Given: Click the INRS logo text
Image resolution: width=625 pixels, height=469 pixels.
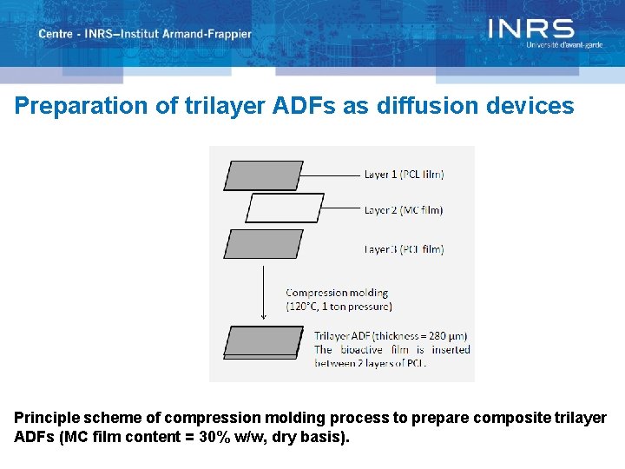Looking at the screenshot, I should (530, 29).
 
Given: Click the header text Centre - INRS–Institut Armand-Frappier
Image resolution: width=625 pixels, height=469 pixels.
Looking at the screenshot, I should (145, 35).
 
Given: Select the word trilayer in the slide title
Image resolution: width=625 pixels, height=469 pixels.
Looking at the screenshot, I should (215, 106).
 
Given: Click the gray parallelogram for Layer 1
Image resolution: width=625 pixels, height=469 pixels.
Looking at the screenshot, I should (263, 175).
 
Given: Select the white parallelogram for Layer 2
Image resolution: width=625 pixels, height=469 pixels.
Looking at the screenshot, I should (285, 208).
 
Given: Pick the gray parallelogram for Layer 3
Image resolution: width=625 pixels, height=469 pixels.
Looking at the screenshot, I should (263, 243).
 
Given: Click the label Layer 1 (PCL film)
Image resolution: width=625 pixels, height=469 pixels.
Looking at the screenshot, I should (404, 175).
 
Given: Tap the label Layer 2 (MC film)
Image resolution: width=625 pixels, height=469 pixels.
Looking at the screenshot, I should (404, 210).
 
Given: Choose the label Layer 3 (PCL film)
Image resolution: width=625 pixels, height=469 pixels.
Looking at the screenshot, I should (404, 249).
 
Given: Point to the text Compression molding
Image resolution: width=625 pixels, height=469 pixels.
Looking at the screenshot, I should (337, 293).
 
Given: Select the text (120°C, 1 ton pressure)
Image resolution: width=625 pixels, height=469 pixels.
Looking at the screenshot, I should (339, 306).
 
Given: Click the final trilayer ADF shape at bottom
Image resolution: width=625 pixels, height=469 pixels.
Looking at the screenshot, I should (263, 341).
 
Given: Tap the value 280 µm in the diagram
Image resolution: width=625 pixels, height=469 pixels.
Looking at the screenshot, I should (450, 336).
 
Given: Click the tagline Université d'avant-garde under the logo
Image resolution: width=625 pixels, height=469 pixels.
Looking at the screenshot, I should (563, 44).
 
